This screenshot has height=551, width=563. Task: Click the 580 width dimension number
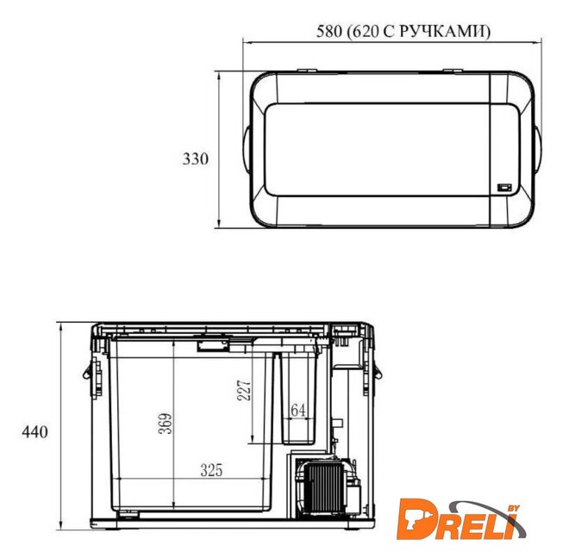point(328,32)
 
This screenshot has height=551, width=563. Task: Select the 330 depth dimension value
point(196,158)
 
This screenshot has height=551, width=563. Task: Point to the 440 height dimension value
point(34,432)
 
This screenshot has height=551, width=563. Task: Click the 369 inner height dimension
point(166,424)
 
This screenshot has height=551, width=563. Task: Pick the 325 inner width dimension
point(211,470)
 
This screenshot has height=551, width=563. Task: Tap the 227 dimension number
point(244,390)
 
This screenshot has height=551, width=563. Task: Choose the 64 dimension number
point(298,411)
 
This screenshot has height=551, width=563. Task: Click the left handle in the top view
point(247,149)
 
